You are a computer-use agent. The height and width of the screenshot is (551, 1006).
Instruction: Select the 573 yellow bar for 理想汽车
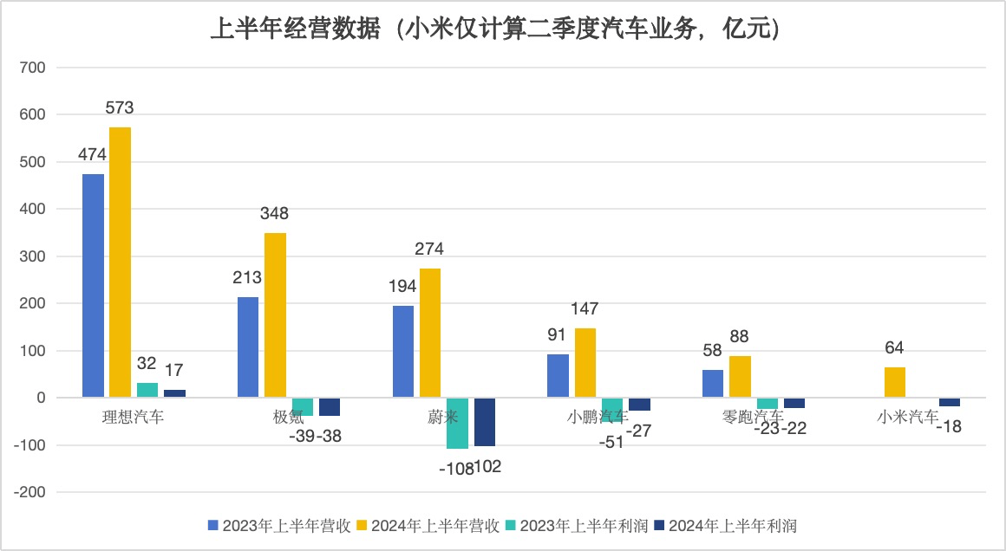pos(120,263)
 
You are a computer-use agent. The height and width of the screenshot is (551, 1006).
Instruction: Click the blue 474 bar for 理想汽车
pos(93,286)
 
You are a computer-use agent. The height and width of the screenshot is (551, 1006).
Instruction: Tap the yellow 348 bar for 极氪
pos(275,315)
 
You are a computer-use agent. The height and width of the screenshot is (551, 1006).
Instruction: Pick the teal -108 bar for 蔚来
pos(458,423)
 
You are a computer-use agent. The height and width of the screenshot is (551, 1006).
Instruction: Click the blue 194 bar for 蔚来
pos(403,352)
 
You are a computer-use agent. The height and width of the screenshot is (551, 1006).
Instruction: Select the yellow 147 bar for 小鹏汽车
pos(585,363)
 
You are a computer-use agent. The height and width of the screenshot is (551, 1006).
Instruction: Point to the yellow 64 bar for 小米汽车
pos(895,383)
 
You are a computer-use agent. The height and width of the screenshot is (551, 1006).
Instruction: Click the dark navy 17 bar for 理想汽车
pos(174,394)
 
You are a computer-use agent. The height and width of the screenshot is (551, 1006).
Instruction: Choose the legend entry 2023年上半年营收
pos(279,525)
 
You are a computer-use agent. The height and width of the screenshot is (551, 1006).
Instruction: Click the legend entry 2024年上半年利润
pos(726,525)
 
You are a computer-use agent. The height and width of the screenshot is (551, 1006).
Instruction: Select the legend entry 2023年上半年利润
pos(577,525)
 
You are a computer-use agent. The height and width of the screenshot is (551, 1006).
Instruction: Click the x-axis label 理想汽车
pos(133,417)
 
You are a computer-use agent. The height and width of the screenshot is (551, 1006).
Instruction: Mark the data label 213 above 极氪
pos(247,278)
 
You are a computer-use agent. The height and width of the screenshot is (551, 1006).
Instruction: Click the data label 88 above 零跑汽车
pos(739,336)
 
